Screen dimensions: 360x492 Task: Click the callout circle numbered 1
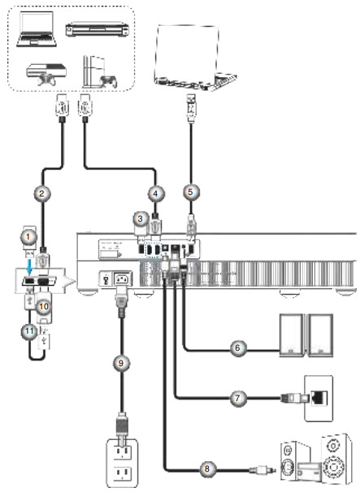28,236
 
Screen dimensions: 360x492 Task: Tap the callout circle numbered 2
41,193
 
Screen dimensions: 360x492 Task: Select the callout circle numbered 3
141,218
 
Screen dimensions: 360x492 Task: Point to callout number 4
155,193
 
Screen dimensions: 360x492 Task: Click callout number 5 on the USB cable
191,192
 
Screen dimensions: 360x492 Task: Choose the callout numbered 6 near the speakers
238,347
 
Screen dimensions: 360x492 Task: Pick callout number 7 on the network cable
238,398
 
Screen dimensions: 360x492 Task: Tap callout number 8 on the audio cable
207,469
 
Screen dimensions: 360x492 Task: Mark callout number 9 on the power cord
121,363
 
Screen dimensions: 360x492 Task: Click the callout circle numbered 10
45,305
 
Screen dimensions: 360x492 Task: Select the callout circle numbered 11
29,331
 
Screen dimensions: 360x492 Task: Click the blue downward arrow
29,265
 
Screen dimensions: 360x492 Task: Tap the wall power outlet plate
122,463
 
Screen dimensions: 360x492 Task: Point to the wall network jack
319,398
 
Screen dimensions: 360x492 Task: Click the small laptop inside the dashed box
37,29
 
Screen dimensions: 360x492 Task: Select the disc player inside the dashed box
98,29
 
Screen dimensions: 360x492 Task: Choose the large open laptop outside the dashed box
195,58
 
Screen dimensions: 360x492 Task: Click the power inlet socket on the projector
124,278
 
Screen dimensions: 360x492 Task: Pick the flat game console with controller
46,75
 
